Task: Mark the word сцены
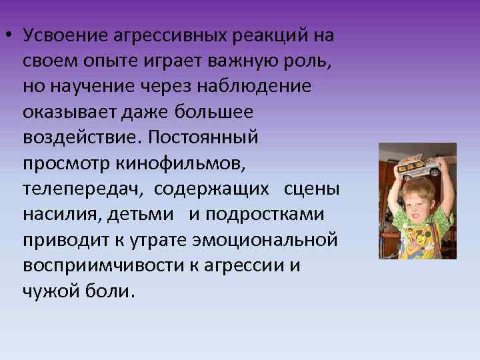[312, 189]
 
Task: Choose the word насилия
[59, 214]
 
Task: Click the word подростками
[266, 214]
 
